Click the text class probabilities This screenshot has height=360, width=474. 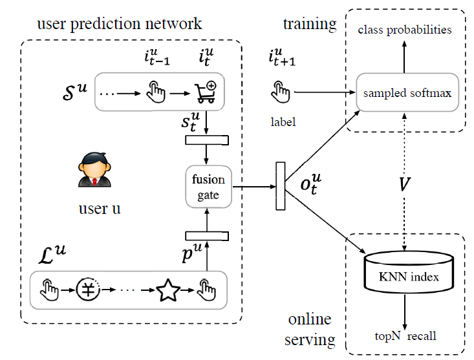404,30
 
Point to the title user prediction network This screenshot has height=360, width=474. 120,25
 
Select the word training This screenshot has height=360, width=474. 310,25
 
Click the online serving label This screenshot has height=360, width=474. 310,329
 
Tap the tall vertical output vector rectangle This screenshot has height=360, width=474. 281,186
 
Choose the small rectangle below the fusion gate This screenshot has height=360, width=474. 205,235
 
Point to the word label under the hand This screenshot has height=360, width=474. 281,121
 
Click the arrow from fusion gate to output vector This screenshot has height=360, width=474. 252,187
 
